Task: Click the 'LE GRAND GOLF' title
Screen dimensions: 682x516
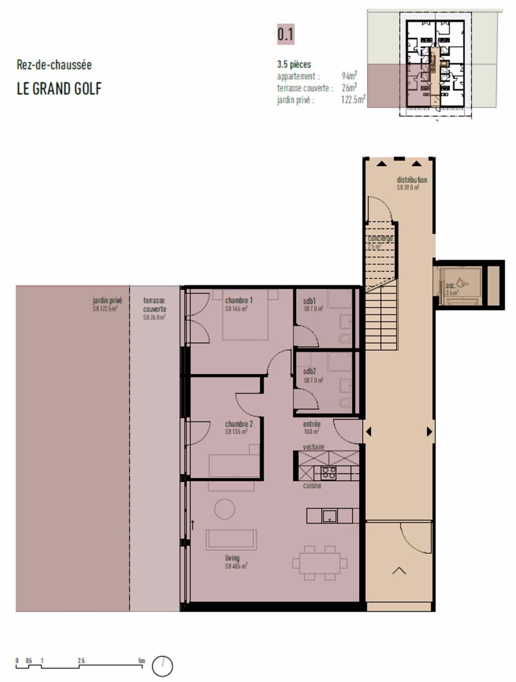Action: tap(59, 89)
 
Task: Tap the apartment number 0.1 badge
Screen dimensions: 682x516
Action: tap(285, 35)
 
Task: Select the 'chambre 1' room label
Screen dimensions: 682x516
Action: tap(238, 300)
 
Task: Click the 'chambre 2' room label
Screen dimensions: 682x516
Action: tap(238, 424)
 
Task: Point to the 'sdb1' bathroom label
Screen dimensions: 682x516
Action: tap(310, 300)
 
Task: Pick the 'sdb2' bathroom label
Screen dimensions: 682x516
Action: tap(310, 371)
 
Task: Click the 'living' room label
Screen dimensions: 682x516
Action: tap(232, 558)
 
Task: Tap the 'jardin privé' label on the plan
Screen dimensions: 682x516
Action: tap(107, 300)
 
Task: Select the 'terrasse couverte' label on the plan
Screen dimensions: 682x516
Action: tap(154, 305)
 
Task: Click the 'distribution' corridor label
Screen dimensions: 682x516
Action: tap(411, 180)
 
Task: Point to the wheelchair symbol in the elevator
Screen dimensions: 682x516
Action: tap(463, 282)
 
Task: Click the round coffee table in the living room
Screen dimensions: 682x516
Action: tap(224, 509)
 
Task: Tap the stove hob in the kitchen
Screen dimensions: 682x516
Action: tap(329, 472)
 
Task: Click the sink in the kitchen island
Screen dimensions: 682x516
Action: tap(329, 515)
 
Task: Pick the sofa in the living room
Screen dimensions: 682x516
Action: tap(231, 540)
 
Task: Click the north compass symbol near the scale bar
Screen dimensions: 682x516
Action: tap(163, 667)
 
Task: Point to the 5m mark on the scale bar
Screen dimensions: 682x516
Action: tap(142, 661)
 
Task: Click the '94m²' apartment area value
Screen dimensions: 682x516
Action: tap(349, 76)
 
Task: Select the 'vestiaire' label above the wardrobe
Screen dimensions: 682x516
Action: tap(313, 447)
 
